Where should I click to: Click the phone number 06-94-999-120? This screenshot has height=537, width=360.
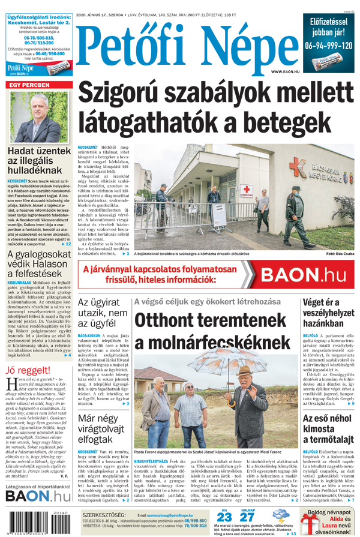[x=328, y=46]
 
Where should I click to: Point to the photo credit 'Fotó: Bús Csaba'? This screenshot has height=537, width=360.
[x=340, y=254]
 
